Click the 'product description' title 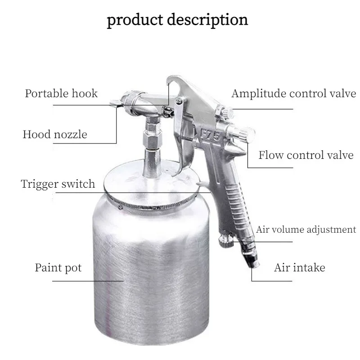(x=177, y=20)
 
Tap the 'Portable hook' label (x=61, y=94)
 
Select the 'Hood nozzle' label (x=55, y=134)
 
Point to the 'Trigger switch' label (x=58, y=184)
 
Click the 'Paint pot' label (x=58, y=268)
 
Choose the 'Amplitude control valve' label (x=294, y=94)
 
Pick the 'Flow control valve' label (x=306, y=156)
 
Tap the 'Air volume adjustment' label (x=306, y=229)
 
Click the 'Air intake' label (x=299, y=268)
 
